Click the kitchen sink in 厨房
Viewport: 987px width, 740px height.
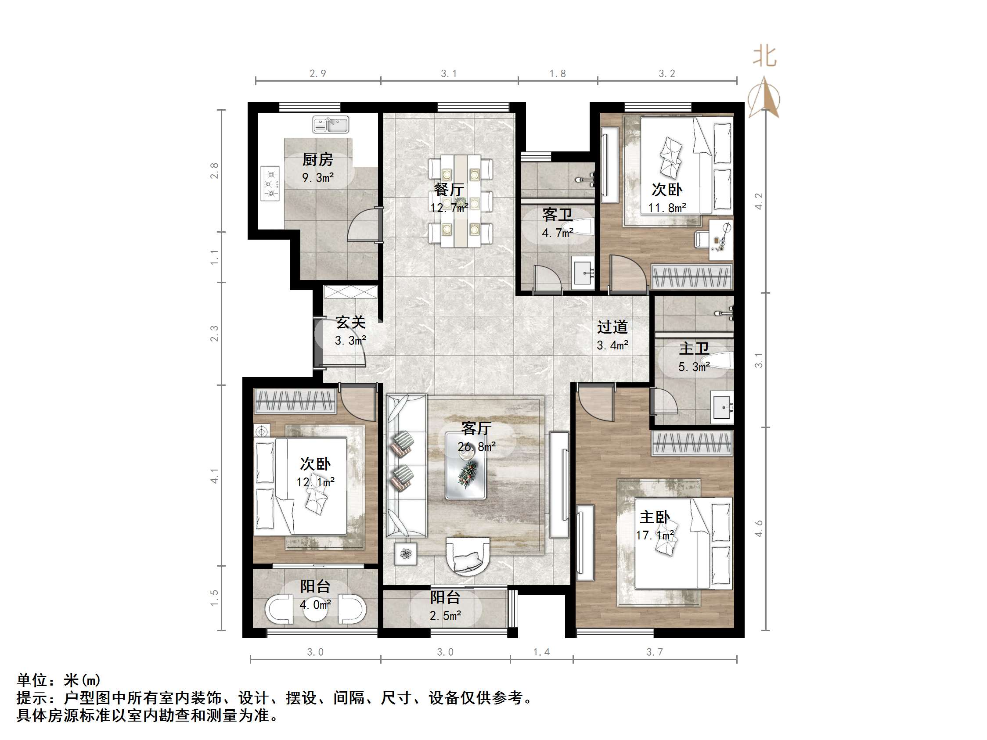pos(331,125)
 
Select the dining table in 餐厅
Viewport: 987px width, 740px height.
pos(461,201)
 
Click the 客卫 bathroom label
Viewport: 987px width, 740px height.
pos(557,215)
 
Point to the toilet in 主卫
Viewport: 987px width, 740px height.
pos(717,360)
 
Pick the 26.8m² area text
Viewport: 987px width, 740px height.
pos(476,446)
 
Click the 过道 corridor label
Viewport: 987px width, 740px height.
pos(612,327)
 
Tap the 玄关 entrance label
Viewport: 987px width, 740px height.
pos(351,322)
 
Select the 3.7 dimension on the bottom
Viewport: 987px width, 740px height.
pos(655,652)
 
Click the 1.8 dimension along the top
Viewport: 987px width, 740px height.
pos(557,74)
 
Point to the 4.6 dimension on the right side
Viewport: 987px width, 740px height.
pos(759,528)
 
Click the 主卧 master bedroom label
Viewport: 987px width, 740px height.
pos(655,517)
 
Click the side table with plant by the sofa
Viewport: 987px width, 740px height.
pos(406,554)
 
